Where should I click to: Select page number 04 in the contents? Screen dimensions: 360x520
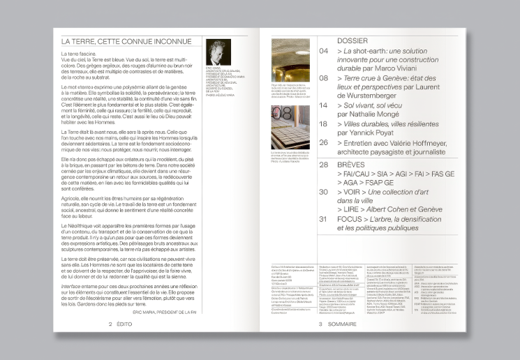click(x=324, y=52)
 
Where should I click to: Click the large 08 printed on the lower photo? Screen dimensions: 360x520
click(x=281, y=112)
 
